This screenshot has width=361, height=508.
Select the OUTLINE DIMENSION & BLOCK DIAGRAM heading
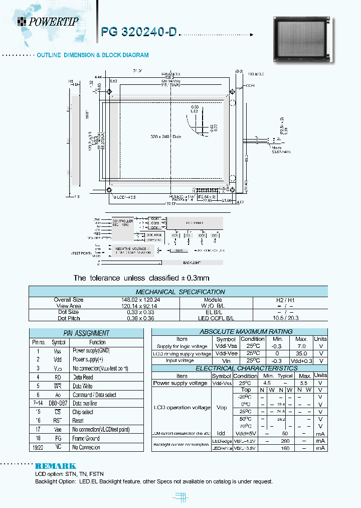point(92,55)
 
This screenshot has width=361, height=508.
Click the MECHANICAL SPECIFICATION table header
point(180,292)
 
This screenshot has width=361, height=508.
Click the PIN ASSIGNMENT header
point(86,333)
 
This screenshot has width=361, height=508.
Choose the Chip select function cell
point(83,412)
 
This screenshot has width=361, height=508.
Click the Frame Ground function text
point(86,438)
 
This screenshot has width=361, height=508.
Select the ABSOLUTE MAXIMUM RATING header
point(239,331)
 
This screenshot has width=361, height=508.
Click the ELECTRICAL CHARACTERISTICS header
point(239,368)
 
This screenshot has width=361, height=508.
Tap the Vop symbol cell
point(221,408)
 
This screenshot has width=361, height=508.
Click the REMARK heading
point(55,466)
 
